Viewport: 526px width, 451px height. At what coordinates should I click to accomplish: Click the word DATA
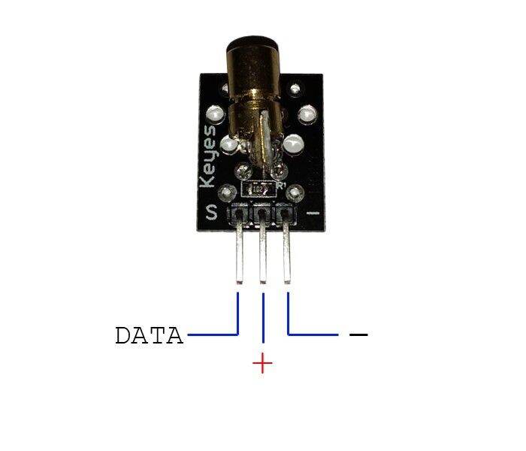tap(149, 335)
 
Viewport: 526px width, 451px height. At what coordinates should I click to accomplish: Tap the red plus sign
tap(263, 365)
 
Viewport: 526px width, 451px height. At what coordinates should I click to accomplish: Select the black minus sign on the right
tap(359, 333)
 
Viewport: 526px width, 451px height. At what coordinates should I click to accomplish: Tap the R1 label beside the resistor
tap(283, 184)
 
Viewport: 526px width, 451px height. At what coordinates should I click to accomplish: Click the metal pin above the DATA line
tap(239, 256)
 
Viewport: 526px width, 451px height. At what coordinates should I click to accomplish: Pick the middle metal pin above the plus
tap(263, 256)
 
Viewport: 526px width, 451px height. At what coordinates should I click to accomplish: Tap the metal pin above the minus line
tap(288, 256)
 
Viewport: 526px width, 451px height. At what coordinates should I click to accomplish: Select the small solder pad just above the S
tap(215, 192)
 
